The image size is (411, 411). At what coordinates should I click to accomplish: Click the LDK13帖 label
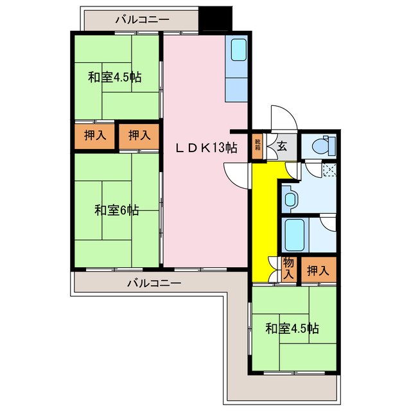click(207, 148)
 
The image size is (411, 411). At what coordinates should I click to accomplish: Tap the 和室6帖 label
click(116, 210)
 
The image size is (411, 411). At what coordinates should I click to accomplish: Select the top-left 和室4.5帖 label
click(115, 78)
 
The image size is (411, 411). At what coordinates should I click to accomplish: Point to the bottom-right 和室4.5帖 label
click(292, 328)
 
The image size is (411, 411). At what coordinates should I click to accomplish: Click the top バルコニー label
click(142, 19)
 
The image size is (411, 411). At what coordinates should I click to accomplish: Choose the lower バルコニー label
click(153, 283)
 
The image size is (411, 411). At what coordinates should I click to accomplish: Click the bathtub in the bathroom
click(294, 236)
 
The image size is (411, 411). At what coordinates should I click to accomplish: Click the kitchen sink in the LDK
click(237, 51)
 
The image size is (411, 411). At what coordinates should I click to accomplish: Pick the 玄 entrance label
click(282, 145)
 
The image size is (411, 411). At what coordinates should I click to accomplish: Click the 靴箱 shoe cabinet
click(258, 145)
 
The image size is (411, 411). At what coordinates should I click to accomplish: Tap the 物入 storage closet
click(288, 268)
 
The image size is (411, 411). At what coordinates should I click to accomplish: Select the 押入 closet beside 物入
click(317, 270)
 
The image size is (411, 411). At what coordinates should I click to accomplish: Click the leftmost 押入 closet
click(96, 136)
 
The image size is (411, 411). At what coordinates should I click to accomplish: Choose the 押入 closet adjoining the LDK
click(139, 136)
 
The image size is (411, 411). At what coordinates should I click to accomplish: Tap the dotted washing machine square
click(329, 170)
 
